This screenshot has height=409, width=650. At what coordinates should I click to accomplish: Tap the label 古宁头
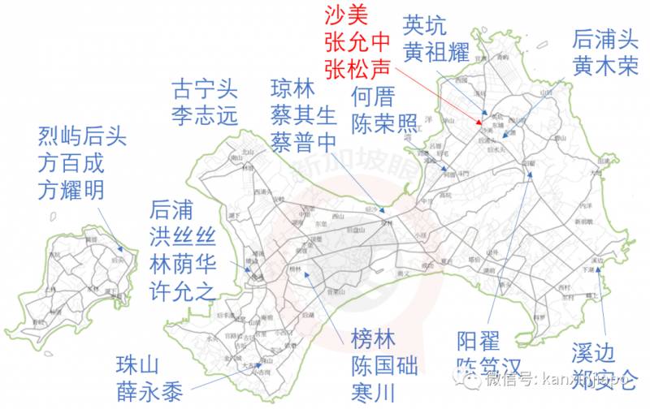pyautogui.click(x=205, y=88)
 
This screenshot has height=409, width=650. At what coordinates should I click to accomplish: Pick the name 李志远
pyautogui.click(x=205, y=114)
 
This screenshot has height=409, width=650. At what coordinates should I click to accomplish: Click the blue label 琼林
pyautogui.click(x=292, y=87)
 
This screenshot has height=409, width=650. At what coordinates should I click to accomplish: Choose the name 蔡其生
pyautogui.click(x=303, y=114)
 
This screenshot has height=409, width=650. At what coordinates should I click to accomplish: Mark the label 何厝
pyautogui.click(x=373, y=97)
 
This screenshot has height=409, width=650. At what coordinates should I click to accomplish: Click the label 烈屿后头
pyautogui.click(x=82, y=135)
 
